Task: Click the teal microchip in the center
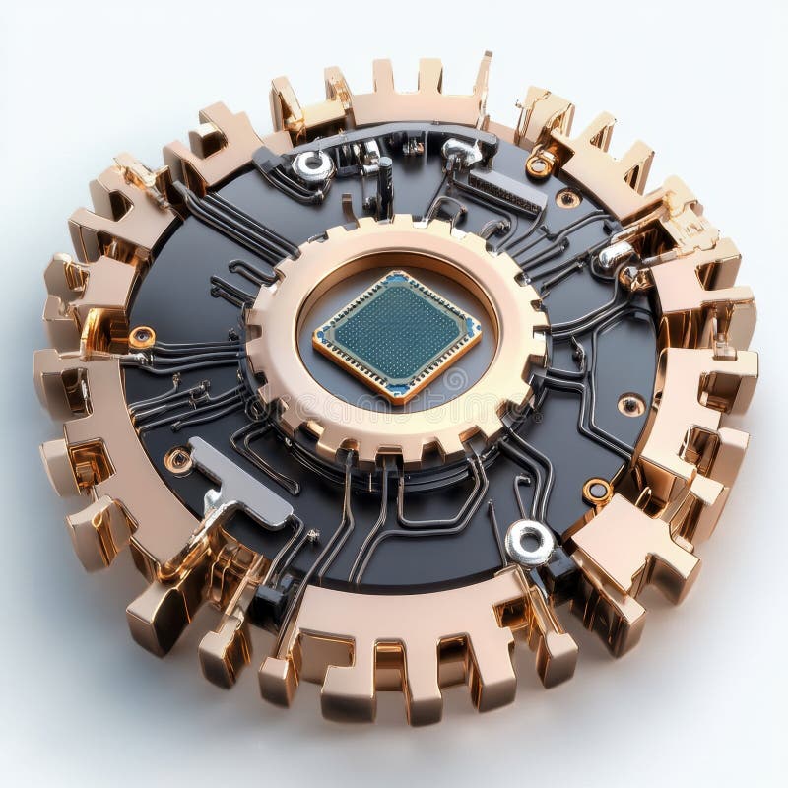397,335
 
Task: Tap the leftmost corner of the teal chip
315,341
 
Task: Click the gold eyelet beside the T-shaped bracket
178,459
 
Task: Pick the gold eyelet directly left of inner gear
142,337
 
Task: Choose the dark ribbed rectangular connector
506,191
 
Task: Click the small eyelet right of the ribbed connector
568,198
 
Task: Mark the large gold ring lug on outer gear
539,164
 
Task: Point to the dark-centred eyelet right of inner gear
631,404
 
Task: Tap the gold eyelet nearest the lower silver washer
597,490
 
